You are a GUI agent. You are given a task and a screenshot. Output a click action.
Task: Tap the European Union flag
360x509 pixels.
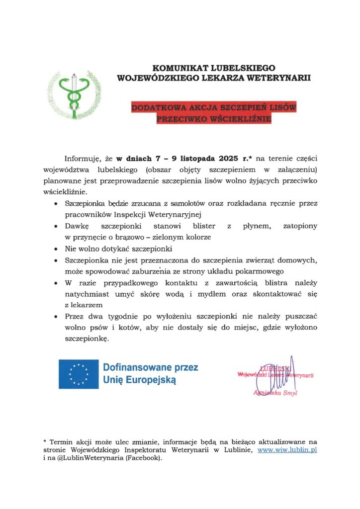point(78,373)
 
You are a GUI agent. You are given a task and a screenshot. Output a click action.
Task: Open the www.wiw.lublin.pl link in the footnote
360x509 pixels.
point(287,450)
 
